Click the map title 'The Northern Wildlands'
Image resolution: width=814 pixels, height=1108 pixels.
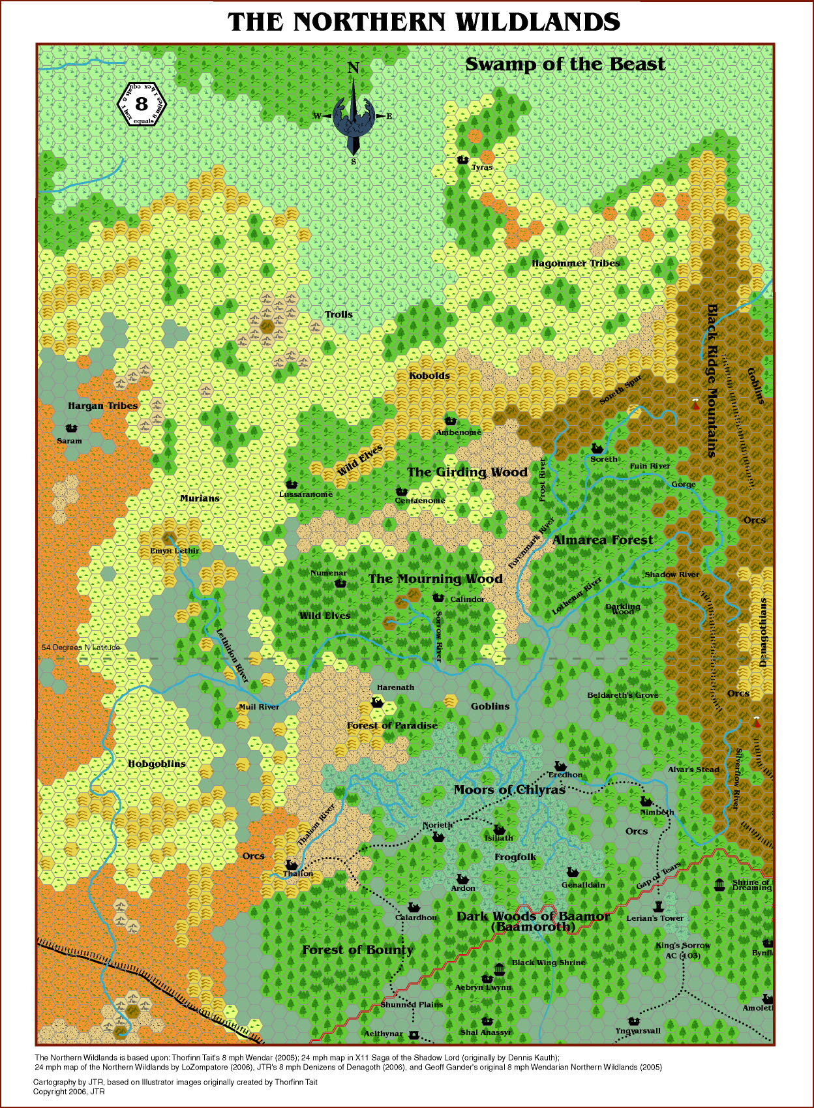click(424, 22)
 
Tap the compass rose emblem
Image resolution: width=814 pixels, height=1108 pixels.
click(353, 115)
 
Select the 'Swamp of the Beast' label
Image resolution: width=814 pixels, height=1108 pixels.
click(565, 64)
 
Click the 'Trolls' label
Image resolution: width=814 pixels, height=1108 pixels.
click(339, 314)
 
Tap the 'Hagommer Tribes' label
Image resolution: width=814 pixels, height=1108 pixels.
click(575, 263)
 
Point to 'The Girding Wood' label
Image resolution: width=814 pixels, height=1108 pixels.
click(467, 472)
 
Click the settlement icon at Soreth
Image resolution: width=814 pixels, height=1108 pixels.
click(596, 448)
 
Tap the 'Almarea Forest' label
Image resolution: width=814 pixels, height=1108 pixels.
click(602, 540)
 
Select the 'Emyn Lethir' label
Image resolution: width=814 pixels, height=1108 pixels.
click(174, 550)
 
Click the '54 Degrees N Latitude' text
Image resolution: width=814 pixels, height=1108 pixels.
click(81, 648)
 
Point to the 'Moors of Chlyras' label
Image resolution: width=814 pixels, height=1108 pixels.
click(509, 790)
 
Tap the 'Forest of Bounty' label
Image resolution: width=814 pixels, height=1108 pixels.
click(357, 950)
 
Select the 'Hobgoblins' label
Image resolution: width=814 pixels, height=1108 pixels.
click(157, 764)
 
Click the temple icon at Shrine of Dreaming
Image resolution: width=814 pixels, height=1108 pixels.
click(719, 885)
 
